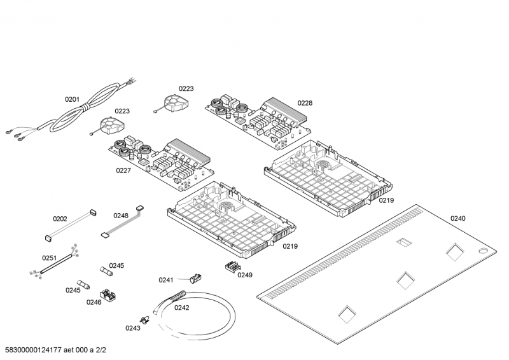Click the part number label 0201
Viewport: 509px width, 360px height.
click(x=72, y=99)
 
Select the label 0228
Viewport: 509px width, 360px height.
click(x=305, y=103)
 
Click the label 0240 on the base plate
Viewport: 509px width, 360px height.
click(x=457, y=219)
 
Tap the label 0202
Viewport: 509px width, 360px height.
click(x=60, y=219)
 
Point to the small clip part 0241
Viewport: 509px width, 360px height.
click(x=195, y=276)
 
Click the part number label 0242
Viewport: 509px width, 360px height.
click(x=182, y=308)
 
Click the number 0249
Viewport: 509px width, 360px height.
click(x=245, y=275)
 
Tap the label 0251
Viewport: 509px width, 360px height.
click(x=49, y=258)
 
